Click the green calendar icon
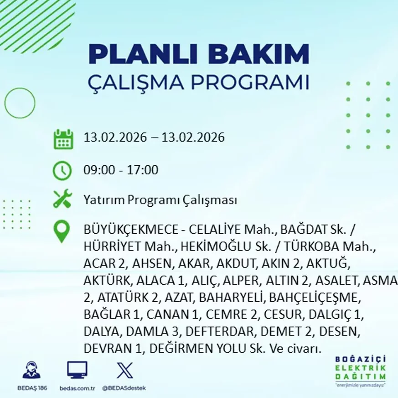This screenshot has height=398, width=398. (x=63, y=139)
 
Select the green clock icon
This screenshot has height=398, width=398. (x=62, y=170)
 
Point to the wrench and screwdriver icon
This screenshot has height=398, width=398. (x=63, y=199)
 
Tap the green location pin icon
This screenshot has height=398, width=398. (x=62, y=231)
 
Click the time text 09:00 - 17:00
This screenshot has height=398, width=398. (x=121, y=169)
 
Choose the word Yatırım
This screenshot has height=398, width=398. (x=103, y=199)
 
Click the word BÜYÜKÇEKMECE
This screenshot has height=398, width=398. (x=131, y=230)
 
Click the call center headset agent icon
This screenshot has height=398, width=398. (x=31, y=370)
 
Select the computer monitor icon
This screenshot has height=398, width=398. (x=77, y=370)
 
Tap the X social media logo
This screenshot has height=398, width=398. (x=124, y=370)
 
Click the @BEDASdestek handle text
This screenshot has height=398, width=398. (x=124, y=388)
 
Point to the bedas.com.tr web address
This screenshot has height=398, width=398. (x=77, y=388)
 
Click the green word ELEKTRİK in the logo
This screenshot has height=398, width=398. (x=360, y=368)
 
